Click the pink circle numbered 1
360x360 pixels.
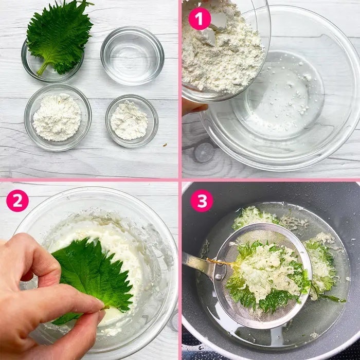coord(200,19)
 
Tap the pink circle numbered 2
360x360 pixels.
coord(17,201)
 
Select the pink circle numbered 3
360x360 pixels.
coord(202,201)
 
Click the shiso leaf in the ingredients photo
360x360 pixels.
coord(60,37)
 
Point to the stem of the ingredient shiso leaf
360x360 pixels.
coord(43,68)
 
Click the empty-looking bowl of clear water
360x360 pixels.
coord(132,56)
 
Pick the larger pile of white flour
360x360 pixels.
coord(57,117)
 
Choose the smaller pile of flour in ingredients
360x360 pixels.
coord(129,120)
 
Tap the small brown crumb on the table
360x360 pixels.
coord(165,145)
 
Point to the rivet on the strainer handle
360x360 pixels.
coord(218,277)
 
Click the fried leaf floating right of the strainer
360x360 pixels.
coord(320,264)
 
